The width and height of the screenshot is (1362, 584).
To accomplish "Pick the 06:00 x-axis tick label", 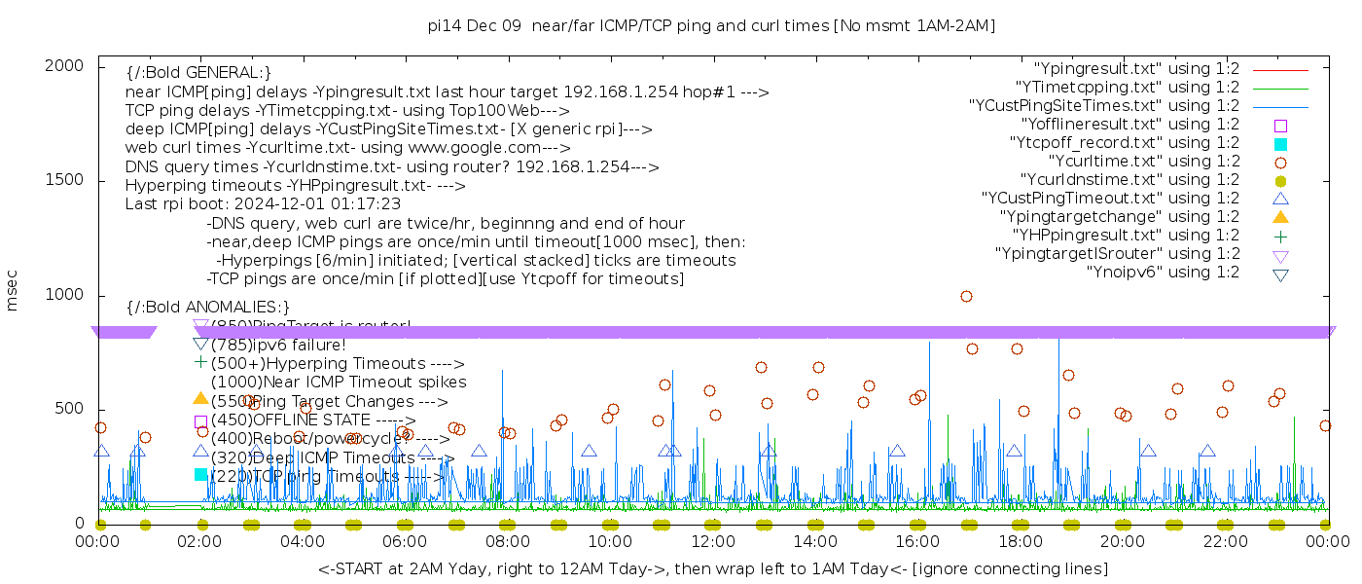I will pos(405,542).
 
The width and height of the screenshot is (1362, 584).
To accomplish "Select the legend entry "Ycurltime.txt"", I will pos(1143,162).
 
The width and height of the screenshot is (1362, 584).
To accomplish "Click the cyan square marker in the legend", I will pos(1280,143).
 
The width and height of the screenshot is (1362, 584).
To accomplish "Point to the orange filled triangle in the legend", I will pos(1280,217).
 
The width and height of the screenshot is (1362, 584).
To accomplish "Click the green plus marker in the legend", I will pos(1280,236).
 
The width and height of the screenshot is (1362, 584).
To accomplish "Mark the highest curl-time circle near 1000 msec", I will pos(966,296).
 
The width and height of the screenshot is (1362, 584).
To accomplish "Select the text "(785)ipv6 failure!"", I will pos(277,345).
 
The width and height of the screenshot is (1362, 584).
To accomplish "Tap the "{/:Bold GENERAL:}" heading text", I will pos(198,73).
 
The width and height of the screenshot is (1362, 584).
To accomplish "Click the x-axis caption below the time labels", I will pos(712,568).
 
